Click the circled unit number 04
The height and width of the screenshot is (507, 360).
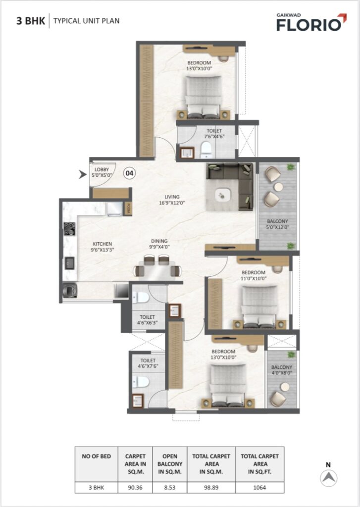[x=129, y=173]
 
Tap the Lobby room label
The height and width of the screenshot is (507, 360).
[x=102, y=172]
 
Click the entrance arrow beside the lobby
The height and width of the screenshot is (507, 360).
[x=83, y=174]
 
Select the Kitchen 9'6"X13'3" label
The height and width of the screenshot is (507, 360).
[x=102, y=247]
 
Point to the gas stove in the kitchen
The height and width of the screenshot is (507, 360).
[x=69, y=229]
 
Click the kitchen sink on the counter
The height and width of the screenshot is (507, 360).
[x=69, y=263]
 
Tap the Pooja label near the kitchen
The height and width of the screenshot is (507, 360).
[x=128, y=208]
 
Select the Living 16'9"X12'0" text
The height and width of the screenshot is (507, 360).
[x=172, y=200]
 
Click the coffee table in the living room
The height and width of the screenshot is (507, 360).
[x=223, y=195]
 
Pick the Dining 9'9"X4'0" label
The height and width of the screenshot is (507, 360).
[x=159, y=244]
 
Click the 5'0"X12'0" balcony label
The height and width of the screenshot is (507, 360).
[x=277, y=224]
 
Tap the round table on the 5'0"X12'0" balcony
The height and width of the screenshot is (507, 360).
[x=278, y=187]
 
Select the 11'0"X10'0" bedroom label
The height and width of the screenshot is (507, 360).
[x=254, y=275]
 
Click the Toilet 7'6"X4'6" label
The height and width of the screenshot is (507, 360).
[x=214, y=134]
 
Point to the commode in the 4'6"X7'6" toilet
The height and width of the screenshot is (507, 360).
[x=141, y=382]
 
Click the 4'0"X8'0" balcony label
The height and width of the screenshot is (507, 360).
[x=282, y=370]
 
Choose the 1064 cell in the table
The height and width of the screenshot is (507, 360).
[x=259, y=487]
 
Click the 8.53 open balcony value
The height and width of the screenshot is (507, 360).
[x=170, y=487]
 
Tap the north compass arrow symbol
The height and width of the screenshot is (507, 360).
[x=329, y=478]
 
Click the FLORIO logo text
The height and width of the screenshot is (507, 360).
[x=309, y=25]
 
